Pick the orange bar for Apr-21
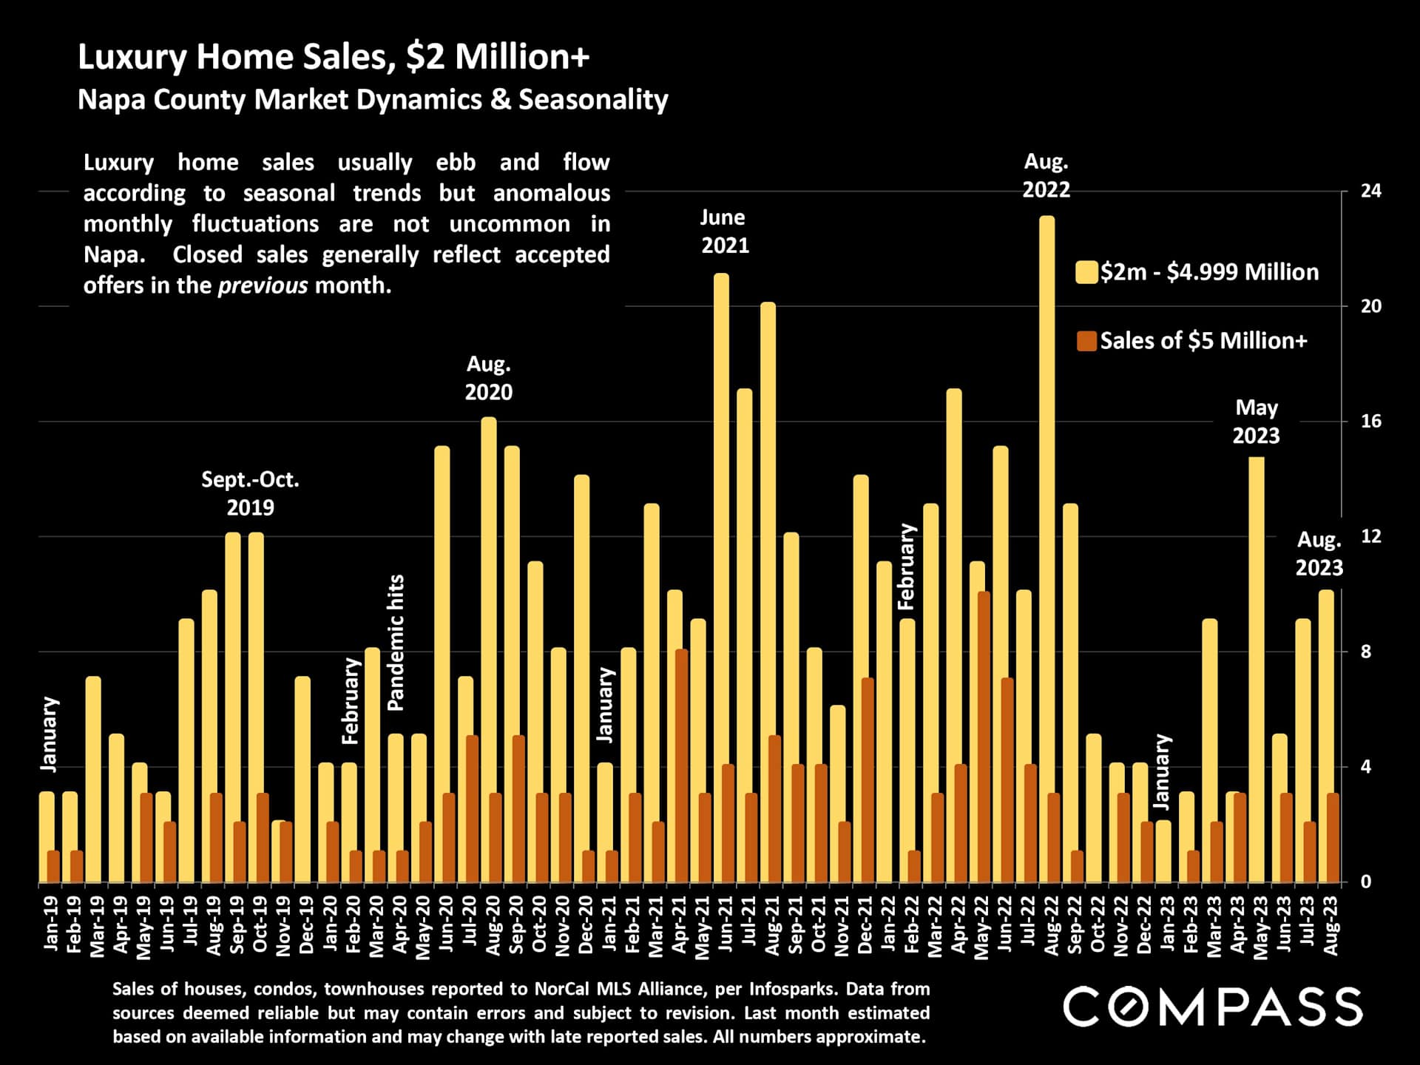(x=681, y=765)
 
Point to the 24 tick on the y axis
(x=1370, y=191)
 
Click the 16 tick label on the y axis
(x=1370, y=422)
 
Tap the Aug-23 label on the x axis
(x=1331, y=926)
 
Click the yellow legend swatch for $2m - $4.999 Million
(x=1086, y=272)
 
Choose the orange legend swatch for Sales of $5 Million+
(x=1086, y=341)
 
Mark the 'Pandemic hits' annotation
(x=396, y=643)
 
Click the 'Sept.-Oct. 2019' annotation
(x=250, y=493)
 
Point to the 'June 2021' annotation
(x=724, y=231)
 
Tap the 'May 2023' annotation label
(x=1256, y=422)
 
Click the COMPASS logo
(x=1213, y=1007)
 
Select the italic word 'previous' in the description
(x=263, y=285)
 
